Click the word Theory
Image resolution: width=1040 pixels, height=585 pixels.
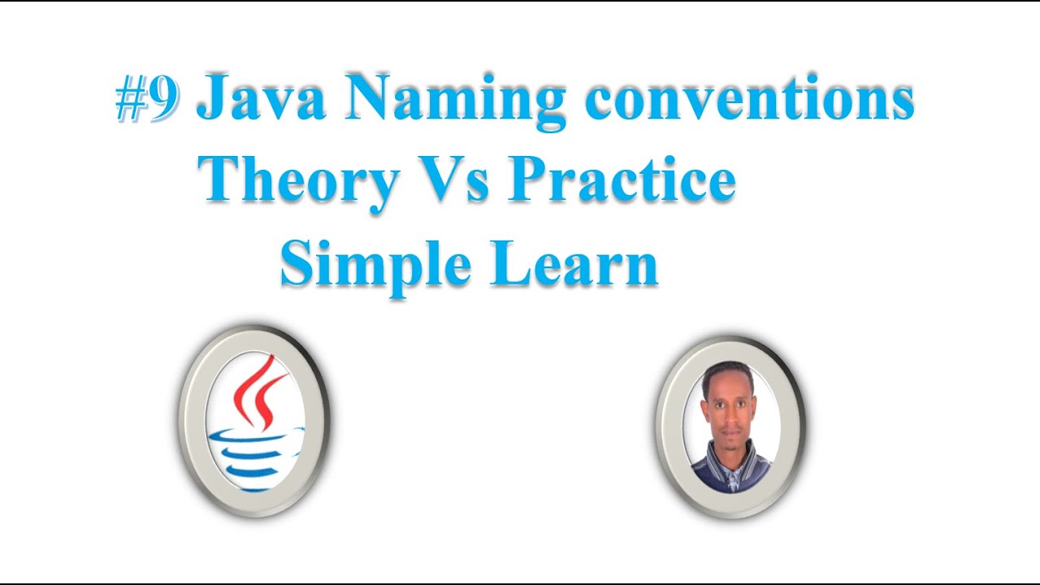299,180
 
